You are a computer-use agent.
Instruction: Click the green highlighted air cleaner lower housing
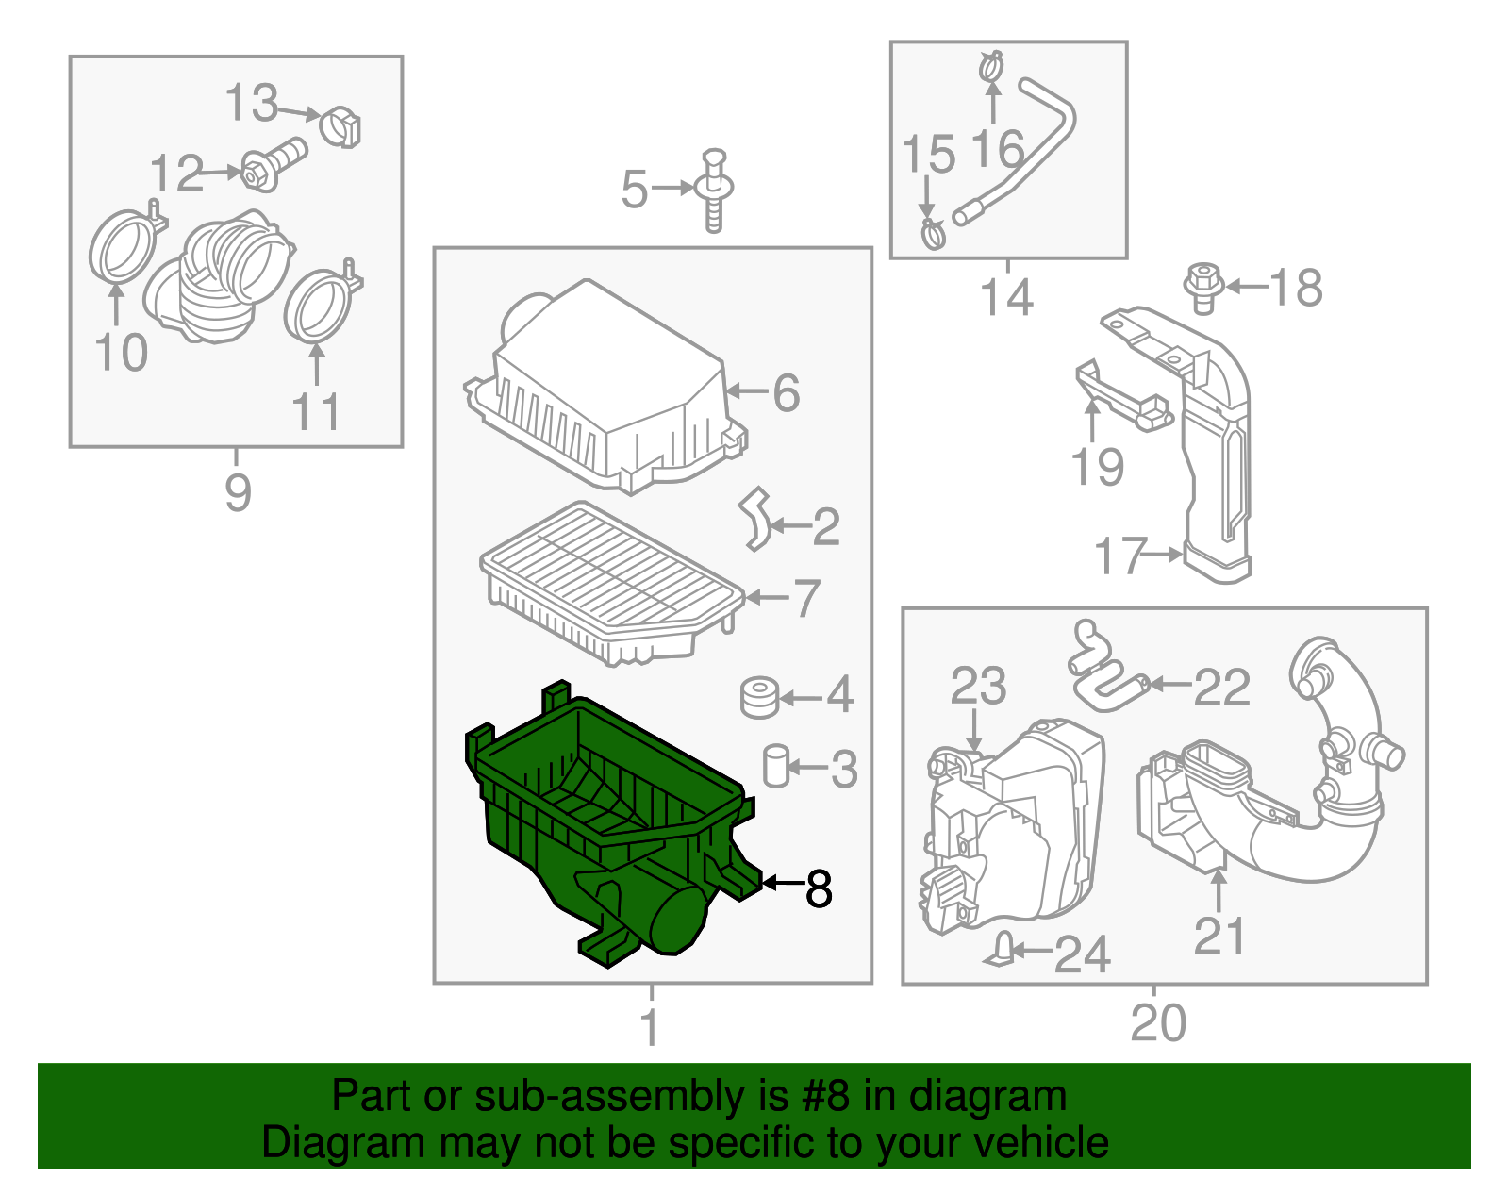(x=604, y=830)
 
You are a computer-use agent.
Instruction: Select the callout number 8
(x=819, y=888)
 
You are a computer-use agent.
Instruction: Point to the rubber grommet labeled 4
(x=758, y=697)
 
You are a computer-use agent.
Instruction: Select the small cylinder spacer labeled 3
(x=775, y=765)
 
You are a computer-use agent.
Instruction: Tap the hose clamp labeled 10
(x=122, y=249)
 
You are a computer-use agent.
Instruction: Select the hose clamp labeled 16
(x=991, y=67)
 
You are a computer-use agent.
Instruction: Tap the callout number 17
(x=1120, y=556)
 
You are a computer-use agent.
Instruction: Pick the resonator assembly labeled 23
(x=1014, y=830)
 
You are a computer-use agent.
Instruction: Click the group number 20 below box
(x=1157, y=1023)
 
